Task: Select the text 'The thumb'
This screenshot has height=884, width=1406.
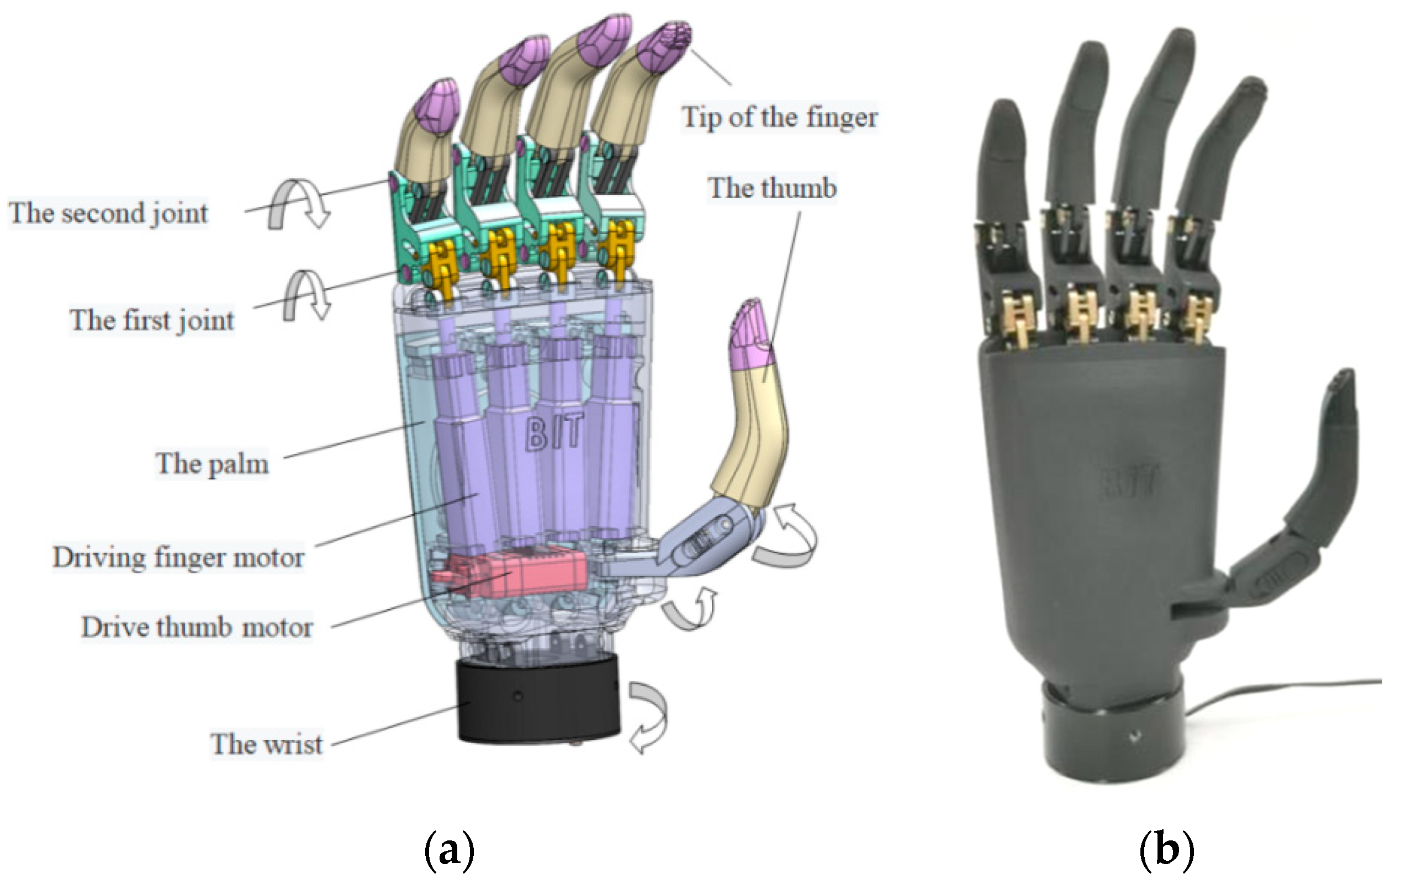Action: [772, 189]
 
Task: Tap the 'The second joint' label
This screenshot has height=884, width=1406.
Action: [108, 213]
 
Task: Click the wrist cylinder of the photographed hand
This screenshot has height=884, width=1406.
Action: [1112, 735]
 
